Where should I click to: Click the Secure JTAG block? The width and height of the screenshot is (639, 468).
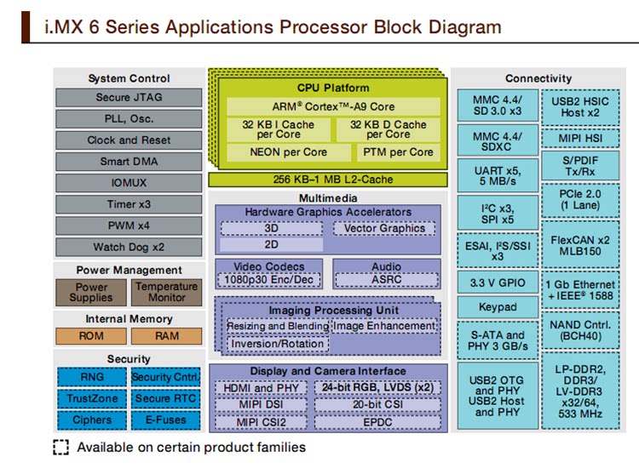pos(129,98)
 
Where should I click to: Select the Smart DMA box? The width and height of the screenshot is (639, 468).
pos(129,162)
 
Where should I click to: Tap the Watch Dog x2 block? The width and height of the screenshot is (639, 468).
pos(129,248)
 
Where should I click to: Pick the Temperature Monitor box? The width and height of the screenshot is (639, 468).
pos(167,293)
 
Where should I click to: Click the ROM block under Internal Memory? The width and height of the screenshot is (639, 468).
pos(91,336)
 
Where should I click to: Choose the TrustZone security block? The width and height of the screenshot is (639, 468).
pos(91,398)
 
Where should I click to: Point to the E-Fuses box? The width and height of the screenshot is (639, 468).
pos(165,419)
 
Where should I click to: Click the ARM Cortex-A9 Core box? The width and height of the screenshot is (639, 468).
pos(334,106)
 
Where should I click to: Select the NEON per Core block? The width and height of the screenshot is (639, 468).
pos(288,152)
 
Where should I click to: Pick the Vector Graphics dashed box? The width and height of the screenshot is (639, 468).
pos(384,228)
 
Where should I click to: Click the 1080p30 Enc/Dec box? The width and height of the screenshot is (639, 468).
pos(269,280)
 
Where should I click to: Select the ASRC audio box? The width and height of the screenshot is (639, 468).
pos(386,280)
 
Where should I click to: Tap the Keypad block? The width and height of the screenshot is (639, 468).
pos(498,307)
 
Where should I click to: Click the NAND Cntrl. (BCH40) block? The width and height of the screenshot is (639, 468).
pos(581,330)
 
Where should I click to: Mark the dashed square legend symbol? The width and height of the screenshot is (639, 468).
pos(61,448)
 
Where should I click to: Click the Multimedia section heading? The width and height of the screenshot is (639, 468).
pos(327,197)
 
